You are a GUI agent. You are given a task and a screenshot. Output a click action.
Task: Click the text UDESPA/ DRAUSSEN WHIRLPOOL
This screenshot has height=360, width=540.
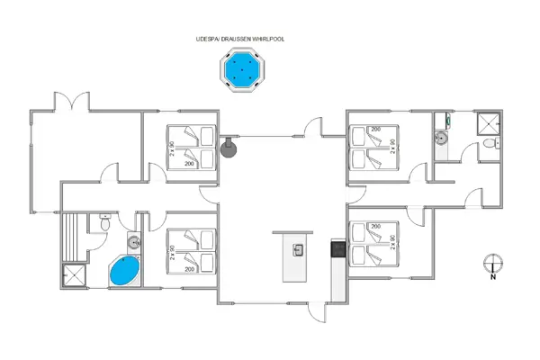[239, 40]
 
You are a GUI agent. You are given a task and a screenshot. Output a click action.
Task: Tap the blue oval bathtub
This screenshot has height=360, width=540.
[125, 270]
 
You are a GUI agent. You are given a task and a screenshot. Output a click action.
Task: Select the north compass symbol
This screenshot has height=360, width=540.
[492, 265]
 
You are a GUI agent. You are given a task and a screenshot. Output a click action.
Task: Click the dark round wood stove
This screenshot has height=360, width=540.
[229, 146]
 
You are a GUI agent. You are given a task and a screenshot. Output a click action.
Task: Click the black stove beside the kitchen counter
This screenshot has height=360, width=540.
[337, 249]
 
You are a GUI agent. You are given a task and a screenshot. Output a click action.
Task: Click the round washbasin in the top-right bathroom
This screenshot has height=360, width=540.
[440, 139]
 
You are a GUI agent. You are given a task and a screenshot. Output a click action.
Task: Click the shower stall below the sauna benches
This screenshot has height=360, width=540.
[75, 275]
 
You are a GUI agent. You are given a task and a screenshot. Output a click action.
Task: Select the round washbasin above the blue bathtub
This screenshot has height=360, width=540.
[134, 241]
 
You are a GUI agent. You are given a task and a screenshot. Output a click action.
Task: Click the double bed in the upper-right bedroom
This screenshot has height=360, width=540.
[372, 147]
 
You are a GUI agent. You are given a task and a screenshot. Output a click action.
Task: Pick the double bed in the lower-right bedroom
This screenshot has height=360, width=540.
[372, 243]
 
